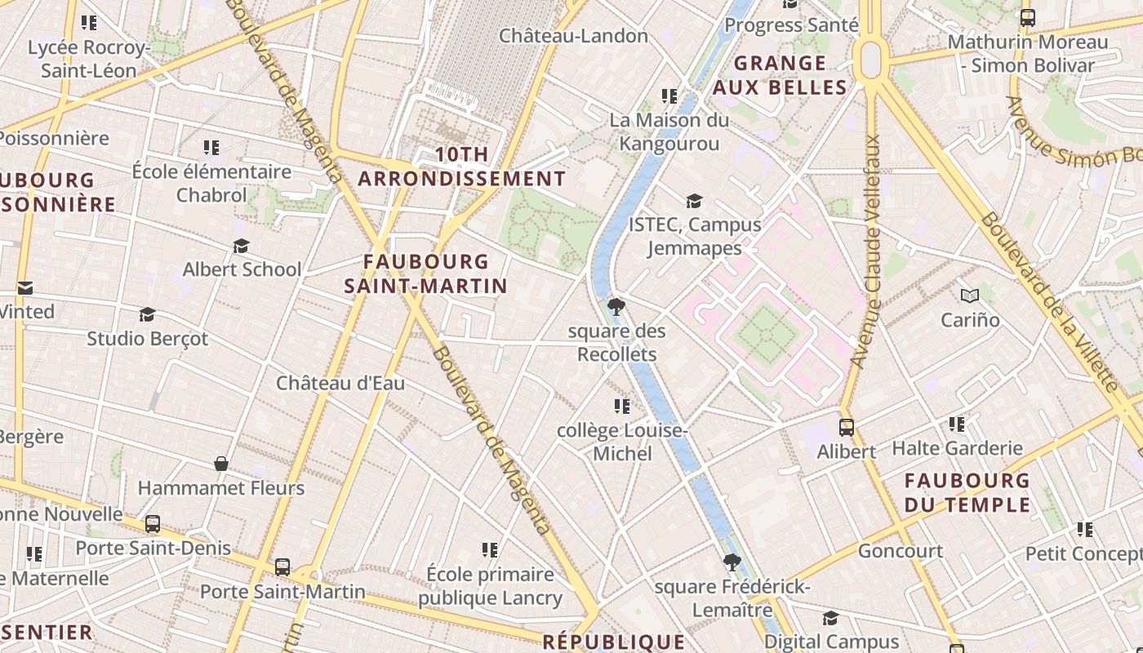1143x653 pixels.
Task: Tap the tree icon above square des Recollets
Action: pyautogui.click(x=616, y=307)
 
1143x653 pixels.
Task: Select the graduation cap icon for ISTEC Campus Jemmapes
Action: pyautogui.click(x=694, y=201)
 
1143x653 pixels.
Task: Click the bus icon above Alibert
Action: pyautogui.click(x=847, y=427)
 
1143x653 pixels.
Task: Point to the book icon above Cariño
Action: pyautogui.click(x=970, y=295)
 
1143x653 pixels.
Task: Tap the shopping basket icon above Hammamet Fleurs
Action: pyautogui.click(x=220, y=464)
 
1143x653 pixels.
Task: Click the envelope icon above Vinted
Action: pyautogui.click(x=25, y=287)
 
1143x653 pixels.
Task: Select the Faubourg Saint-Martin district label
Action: pyautogui.click(x=425, y=273)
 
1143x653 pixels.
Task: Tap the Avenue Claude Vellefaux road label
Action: pyautogui.click(x=867, y=250)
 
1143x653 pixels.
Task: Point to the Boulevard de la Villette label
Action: pyautogui.click(x=1049, y=302)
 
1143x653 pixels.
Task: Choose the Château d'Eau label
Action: pyautogui.click(x=340, y=383)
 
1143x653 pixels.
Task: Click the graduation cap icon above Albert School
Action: pyautogui.click(x=241, y=246)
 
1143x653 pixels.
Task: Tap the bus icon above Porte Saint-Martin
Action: pyautogui.click(x=282, y=566)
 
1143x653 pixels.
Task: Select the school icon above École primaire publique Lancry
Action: pyautogui.click(x=490, y=550)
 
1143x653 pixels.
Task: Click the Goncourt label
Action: pyautogui.click(x=900, y=551)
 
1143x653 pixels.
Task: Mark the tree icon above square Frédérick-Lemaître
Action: pyautogui.click(x=732, y=562)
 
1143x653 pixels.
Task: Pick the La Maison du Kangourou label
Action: pyautogui.click(x=669, y=132)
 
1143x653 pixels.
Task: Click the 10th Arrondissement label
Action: pyautogui.click(x=461, y=166)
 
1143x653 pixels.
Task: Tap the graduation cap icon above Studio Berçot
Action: pyautogui.click(x=147, y=314)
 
